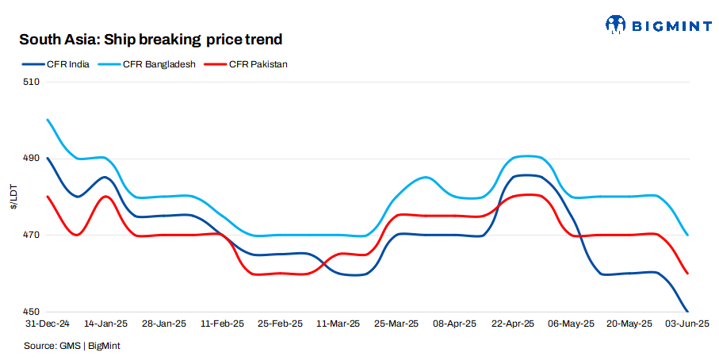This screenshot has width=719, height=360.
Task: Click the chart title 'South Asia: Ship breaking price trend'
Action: [x=151, y=39]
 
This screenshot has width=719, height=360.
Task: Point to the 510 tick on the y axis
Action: [x=31, y=82]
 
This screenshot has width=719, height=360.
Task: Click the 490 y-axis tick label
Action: [x=31, y=159]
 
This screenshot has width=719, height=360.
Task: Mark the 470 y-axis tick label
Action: [x=31, y=236]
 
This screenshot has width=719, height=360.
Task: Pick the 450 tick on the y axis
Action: [x=31, y=312]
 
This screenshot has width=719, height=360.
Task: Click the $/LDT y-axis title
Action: [x=13, y=197]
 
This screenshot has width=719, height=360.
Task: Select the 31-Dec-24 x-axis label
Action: [x=48, y=324]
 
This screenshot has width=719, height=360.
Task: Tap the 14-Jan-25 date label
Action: [x=106, y=324]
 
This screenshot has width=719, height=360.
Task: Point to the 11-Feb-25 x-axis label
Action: [x=223, y=324]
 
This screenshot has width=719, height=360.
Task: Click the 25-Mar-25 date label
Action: [x=397, y=324]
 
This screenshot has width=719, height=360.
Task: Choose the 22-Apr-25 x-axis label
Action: [x=514, y=324]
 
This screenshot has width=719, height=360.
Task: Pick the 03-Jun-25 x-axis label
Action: [x=686, y=324]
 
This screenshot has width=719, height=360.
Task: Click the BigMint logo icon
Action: [x=616, y=25]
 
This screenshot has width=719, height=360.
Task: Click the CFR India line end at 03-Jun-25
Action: [x=687, y=312]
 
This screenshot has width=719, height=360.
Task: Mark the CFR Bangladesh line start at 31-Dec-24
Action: [x=48, y=120]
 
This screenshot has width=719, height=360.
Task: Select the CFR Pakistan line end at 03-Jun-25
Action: [x=687, y=274]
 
